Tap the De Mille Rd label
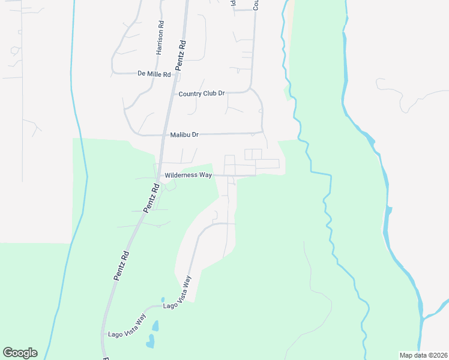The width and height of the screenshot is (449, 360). (154, 74)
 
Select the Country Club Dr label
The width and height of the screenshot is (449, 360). (202, 94)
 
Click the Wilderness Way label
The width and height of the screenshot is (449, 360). (188, 175)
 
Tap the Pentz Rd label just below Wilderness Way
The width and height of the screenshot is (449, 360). (151, 198)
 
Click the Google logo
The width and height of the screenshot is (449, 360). (20, 353)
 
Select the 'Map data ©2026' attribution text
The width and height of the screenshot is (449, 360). (423, 355)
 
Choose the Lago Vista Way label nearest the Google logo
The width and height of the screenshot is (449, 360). (127, 327)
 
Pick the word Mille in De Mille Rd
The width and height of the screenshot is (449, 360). (157, 74)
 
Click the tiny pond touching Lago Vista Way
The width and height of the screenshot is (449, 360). (162, 299)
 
